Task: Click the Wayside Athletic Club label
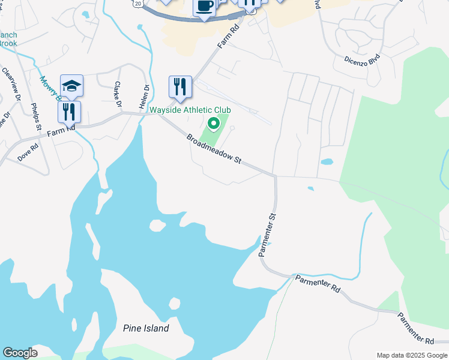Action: click(190, 110)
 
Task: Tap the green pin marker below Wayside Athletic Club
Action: click(213, 124)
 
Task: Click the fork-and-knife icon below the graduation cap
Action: click(69, 112)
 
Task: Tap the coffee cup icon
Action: click(204, 7)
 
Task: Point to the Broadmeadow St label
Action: click(214, 149)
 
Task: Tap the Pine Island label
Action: click(146, 328)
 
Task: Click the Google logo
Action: click(20, 353)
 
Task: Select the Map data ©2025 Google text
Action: click(411, 355)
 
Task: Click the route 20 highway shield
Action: click(139, 4)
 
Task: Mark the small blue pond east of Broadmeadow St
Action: click(327, 161)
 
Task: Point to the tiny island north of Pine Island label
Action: click(175, 304)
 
